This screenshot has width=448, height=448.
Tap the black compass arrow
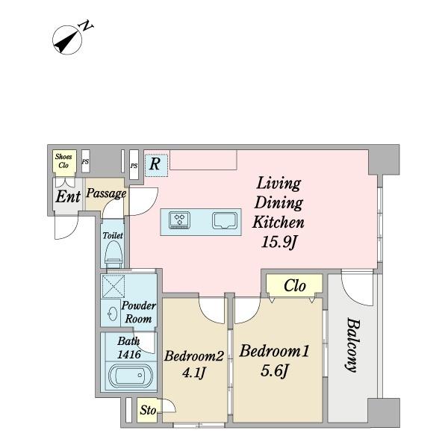(x=66, y=43)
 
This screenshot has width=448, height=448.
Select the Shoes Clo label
(x=63, y=161)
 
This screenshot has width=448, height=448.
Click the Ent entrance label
(x=68, y=196)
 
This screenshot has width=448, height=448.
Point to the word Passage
(x=106, y=193)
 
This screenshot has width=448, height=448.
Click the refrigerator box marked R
(x=156, y=165)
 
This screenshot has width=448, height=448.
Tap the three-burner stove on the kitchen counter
(x=179, y=220)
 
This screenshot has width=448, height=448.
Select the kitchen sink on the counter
(x=225, y=220)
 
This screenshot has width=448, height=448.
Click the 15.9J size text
(x=279, y=243)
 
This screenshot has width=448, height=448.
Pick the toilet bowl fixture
(x=113, y=255)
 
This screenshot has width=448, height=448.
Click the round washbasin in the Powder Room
(x=112, y=314)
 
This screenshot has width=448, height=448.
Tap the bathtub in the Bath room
(x=131, y=376)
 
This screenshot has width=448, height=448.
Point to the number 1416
(x=129, y=355)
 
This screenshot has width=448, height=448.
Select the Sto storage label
(x=148, y=410)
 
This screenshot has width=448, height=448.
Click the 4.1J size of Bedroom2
(x=194, y=373)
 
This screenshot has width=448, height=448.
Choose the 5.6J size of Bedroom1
(x=274, y=371)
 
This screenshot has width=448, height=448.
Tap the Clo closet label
(x=295, y=286)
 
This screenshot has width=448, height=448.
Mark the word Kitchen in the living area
(x=279, y=223)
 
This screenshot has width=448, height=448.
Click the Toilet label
(x=113, y=236)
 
